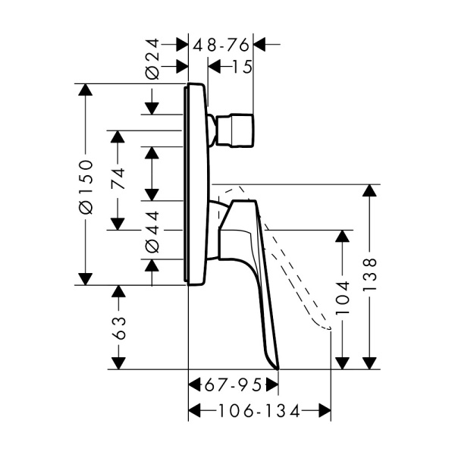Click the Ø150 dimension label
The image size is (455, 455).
pos(86,187)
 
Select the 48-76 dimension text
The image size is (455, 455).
pos(221,45)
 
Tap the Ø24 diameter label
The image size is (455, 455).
pos(152,59)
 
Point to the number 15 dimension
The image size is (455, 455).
pos(243,67)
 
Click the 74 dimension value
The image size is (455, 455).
pos(118,178)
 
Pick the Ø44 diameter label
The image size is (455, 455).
pos(152,232)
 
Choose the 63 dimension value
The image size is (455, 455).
pos(119,328)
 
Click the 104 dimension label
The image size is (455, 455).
pos(343,298)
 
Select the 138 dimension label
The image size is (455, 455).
pos(370,275)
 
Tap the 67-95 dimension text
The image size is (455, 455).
pos(234,386)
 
